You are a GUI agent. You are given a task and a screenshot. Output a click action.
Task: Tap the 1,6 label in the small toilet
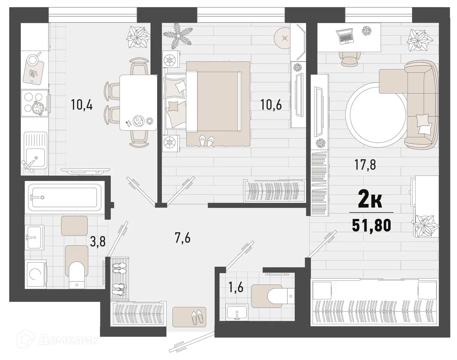236,287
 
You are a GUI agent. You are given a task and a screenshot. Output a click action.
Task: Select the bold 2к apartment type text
370,202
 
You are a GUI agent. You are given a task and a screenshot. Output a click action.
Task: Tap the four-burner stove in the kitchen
35,103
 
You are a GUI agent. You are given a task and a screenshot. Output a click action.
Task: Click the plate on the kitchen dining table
138,121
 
